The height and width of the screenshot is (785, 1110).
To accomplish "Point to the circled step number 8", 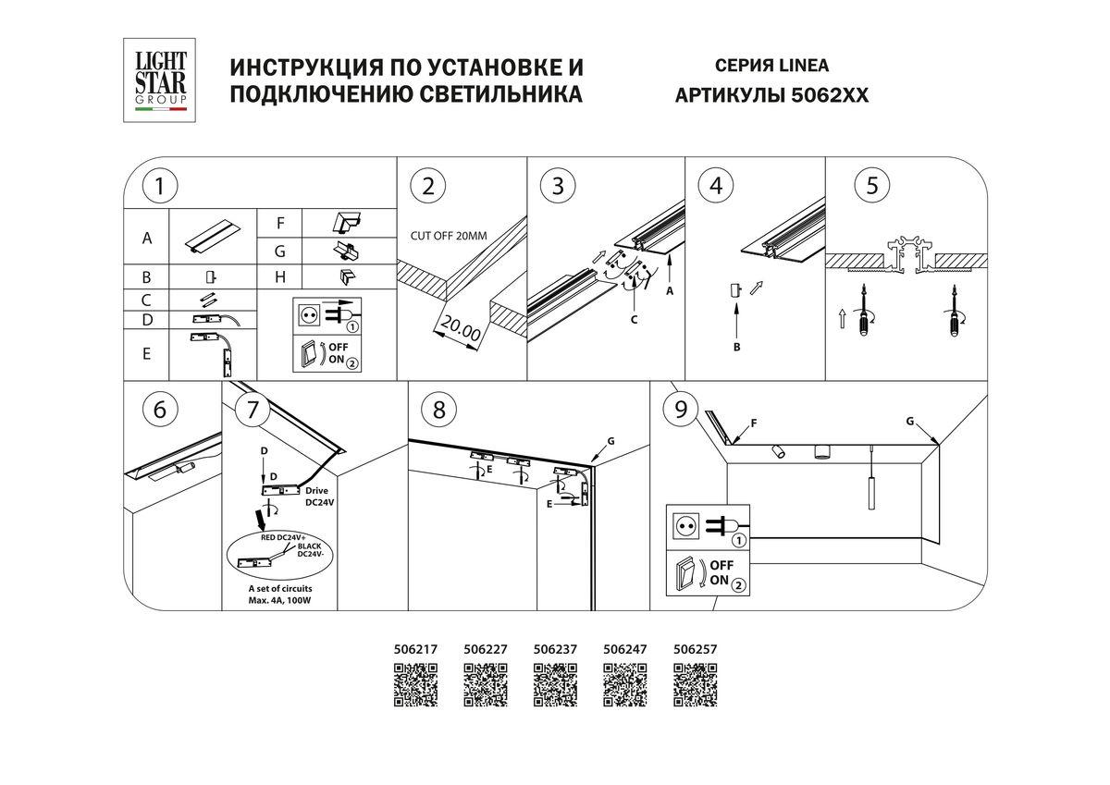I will (x=438, y=410).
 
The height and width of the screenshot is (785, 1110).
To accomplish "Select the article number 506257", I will (x=696, y=649).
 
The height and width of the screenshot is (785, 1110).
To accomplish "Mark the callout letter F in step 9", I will (x=754, y=424).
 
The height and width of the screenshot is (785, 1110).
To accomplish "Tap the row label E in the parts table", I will (x=146, y=352).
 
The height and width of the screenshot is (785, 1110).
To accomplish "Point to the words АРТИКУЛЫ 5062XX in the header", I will (x=771, y=95).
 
